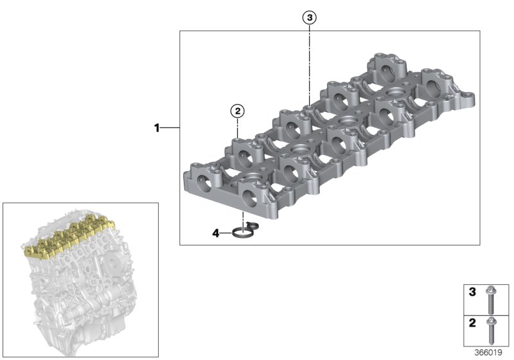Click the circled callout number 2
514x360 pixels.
point(238,111)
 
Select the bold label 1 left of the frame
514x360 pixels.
point(156,129)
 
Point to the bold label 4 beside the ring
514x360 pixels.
point(217,233)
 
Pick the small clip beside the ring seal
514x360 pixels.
point(253,224)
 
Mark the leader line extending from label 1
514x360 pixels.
point(170,129)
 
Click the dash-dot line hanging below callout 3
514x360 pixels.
point(310,64)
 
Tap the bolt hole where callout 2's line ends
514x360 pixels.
point(238,137)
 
